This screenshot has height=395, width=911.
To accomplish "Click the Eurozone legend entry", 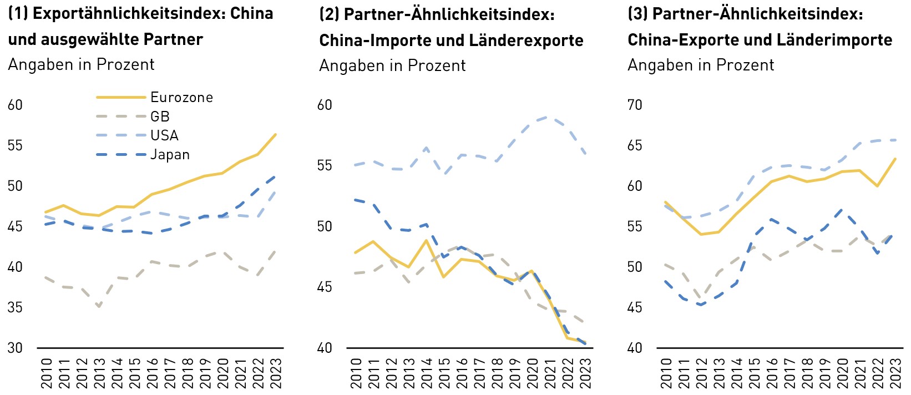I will click(x=181, y=98).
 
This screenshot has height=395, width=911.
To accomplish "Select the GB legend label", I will click(x=160, y=117).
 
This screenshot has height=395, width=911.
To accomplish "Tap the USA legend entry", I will click(x=164, y=135).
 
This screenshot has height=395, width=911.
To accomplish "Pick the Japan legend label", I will click(x=170, y=155).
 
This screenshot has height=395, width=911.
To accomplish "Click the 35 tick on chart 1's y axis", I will click(x=15, y=307).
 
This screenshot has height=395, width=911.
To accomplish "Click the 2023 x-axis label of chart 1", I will click(x=276, y=373).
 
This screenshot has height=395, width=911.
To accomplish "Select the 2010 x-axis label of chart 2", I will click(x=357, y=373).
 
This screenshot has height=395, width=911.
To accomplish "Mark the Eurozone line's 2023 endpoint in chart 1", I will click(x=276, y=134).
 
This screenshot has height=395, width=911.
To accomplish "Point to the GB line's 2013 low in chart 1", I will click(x=99, y=306).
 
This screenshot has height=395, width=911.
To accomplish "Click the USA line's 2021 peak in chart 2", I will click(x=548, y=117).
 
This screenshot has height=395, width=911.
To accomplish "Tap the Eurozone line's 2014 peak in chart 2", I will click(x=426, y=240).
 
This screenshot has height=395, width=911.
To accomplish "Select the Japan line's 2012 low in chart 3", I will click(x=701, y=305).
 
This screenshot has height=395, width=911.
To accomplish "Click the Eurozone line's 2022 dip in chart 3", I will click(x=877, y=186).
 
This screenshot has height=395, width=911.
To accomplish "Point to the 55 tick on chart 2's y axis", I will click(x=325, y=165).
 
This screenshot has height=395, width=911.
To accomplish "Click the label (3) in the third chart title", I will click(x=637, y=13).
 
